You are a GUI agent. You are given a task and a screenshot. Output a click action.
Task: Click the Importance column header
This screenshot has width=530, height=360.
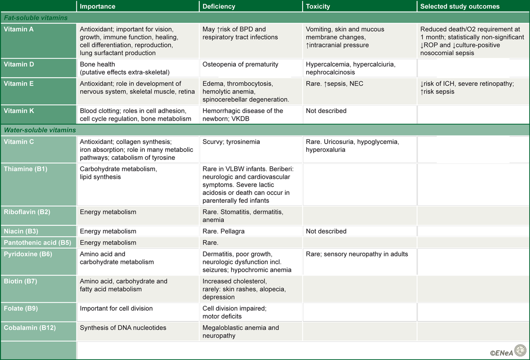click(x=98, y=7)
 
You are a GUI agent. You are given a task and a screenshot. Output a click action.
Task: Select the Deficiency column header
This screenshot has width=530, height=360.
click(x=219, y=7)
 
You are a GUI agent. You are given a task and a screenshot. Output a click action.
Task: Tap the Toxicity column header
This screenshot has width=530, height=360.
click(x=318, y=7)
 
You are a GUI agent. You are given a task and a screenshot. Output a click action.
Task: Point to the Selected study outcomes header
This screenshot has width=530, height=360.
click(x=460, y=7)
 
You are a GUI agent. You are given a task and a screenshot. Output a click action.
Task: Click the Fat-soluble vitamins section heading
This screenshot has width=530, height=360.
click(x=36, y=18)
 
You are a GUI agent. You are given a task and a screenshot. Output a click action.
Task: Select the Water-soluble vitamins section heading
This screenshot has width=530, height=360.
click(x=40, y=130)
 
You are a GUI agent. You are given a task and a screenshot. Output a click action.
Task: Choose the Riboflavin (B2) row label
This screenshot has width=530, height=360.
click(x=27, y=212)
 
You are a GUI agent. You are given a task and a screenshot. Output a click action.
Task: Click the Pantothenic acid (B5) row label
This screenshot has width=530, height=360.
click(x=38, y=243)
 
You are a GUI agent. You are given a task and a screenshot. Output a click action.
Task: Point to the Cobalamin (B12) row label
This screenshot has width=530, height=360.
click(x=30, y=328)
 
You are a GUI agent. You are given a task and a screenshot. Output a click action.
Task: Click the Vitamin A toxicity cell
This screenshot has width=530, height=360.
click(x=345, y=37)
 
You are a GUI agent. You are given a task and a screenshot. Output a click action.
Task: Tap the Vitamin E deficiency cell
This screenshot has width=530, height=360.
click(x=246, y=91)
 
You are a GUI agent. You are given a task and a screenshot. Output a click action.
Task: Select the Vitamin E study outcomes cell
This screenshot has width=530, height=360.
click(x=467, y=87)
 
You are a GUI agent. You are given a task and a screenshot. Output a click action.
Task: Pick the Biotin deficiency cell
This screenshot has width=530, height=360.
click(x=244, y=289)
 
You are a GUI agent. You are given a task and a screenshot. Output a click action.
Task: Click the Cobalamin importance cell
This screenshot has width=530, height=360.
click(x=123, y=328)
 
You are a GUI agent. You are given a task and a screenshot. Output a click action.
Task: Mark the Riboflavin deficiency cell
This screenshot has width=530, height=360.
click(x=242, y=216)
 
